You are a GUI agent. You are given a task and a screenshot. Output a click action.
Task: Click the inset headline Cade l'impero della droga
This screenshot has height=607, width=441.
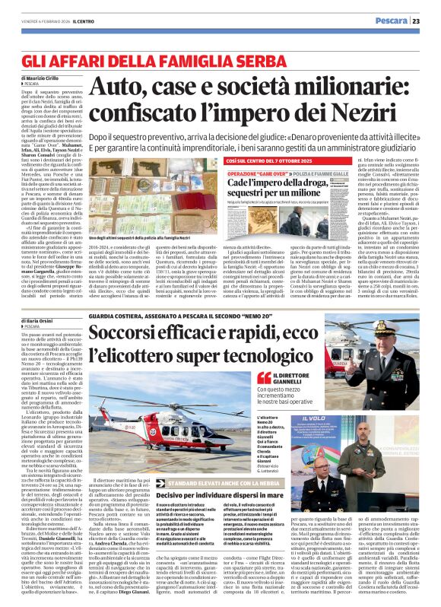point(270,185)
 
